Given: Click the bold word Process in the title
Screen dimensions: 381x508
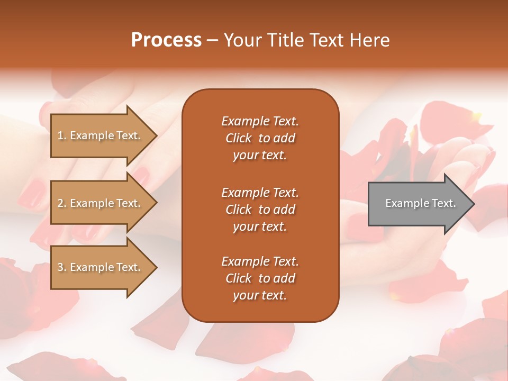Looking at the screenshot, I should tap(166, 40).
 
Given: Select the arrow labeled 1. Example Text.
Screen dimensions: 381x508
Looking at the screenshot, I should tap(101, 135).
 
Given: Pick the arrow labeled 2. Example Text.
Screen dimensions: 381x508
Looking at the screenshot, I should tap(101, 203).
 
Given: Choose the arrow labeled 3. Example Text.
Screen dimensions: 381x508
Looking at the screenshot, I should tap(101, 267).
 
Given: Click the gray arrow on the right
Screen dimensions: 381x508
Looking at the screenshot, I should tap(418, 204).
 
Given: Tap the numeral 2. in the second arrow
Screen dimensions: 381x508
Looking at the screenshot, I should tap(62, 204).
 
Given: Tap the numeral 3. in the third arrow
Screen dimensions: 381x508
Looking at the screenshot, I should tap(62, 268).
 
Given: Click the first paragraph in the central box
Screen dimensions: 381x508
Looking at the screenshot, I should tap(260, 138).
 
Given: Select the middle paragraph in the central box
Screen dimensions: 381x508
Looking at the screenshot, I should tap(260, 210).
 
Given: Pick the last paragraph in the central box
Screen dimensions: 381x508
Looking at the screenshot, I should tap(260, 278).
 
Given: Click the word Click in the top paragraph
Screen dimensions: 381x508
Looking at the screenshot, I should tap(239, 138).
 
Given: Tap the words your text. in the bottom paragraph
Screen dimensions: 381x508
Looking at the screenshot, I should tap(260, 295).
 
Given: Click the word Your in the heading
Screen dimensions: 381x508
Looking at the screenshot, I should tap(243, 40).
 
